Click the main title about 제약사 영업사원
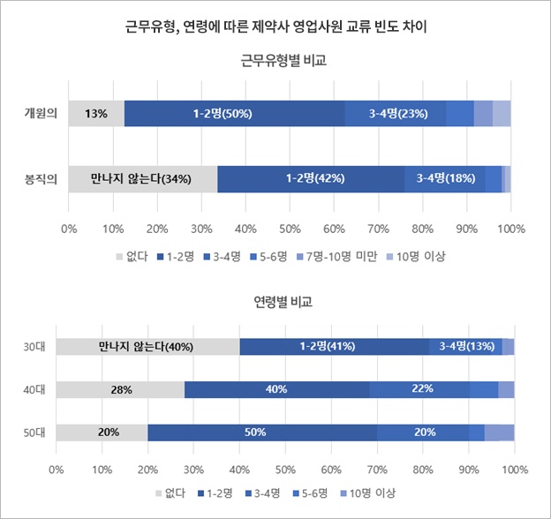point(275,26)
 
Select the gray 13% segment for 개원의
point(96,114)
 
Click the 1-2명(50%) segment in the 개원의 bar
point(234,114)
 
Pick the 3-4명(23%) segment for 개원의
point(395,114)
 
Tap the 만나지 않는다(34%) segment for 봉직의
point(142,179)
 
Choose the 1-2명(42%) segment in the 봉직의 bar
point(311,179)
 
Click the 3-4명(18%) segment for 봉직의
point(444,179)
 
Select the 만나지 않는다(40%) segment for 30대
point(147,346)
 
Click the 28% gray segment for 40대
point(120,389)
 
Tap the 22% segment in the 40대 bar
point(419,389)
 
